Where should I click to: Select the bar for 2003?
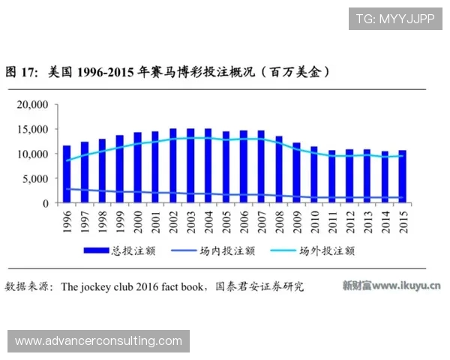coord(191,166)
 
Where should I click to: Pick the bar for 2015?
coord(403,177)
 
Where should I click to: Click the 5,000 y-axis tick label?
coord(34,178)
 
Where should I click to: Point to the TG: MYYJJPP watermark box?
coord(395,18)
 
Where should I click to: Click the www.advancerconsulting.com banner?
coord(99,341)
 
